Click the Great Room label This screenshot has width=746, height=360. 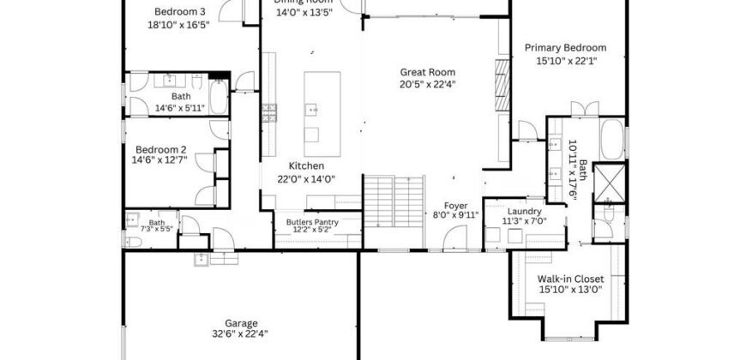pyautogui.click(x=427, y=72)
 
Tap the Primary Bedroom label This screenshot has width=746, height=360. pyautogui.click(x=565, y=48)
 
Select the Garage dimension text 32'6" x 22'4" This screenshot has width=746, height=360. pyautogui.click(x=240, y=334)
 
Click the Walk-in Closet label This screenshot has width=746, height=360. pyautogui.click(x=570, y=279)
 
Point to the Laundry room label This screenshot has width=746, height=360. pyautogui.click(x=523, y=211)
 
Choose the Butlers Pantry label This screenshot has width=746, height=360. pyautogui.click(x=311, y=222)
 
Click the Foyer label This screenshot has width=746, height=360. pyautogui.click(x=455, y=206)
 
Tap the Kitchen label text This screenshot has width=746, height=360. pyautogui.click(x=305, y=166)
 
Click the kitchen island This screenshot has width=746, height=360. pyautogui.click(x=322, y=107)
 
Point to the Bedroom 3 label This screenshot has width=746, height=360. pyautogui.click(x=179, y=12)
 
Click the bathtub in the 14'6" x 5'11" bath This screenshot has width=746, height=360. pyautogui.click(x=218, y=99)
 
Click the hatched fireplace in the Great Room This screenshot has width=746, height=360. pyautogui.click(x=502, y=86)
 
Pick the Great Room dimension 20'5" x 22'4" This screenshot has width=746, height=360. pyautogui.click(x=427, y=84)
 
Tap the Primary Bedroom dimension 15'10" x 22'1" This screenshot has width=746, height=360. pyautogui.click(x=565, y=61)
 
